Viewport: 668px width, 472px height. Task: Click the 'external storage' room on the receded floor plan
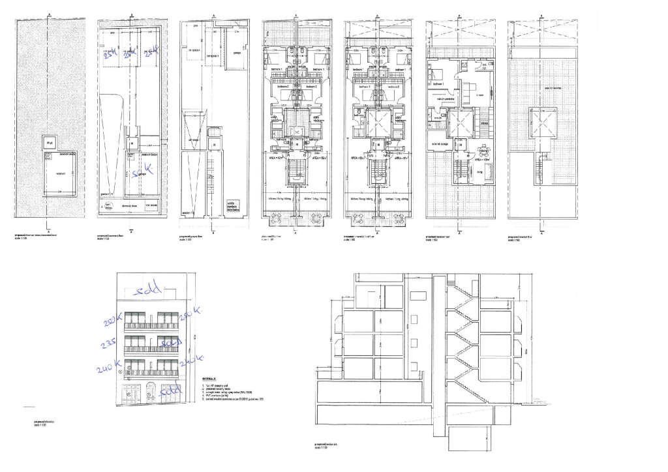point(438,143)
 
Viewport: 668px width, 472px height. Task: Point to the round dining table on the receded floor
point(483,149)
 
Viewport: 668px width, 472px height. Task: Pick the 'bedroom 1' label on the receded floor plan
point(436,85)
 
